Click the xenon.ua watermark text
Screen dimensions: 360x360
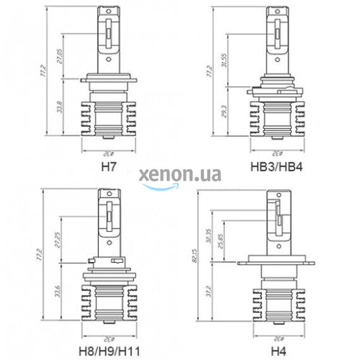click(180, 175)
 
